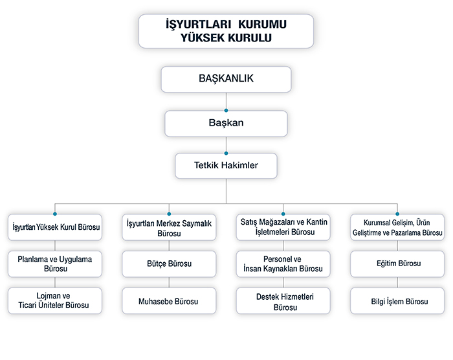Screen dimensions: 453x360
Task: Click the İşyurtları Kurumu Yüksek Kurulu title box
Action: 226,31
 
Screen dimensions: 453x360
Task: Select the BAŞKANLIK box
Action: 226,79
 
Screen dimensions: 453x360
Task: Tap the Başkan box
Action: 226,124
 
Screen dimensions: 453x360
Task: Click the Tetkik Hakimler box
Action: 226,166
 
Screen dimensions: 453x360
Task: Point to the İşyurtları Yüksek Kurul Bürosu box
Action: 55,227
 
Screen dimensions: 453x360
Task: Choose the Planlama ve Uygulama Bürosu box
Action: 55,264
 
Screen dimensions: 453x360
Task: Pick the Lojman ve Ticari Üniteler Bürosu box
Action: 55,300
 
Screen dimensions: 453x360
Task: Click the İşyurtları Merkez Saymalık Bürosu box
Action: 169,227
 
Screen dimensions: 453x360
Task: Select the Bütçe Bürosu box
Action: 169,264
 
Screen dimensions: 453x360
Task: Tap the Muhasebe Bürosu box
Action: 169,300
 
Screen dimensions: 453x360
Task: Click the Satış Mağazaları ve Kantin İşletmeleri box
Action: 283,227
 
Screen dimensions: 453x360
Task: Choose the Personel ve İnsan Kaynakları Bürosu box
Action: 283,264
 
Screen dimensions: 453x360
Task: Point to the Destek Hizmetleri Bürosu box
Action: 283,300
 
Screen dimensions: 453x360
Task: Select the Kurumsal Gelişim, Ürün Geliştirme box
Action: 397,227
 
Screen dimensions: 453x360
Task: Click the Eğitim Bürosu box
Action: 397,264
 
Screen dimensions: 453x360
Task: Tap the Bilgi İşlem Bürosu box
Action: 397,300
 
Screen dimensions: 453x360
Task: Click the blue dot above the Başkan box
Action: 226,111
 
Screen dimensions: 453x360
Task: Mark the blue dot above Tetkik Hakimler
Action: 226,153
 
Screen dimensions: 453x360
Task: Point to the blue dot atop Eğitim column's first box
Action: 397,214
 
